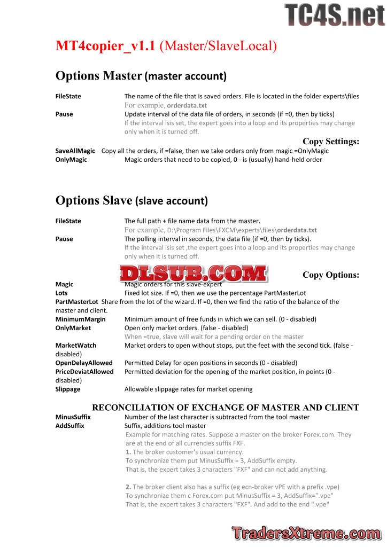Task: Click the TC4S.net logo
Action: pos(335,15)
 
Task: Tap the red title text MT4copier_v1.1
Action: pos(105,46)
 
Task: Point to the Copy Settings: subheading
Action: pos(330,142)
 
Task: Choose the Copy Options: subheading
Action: pos(330,275)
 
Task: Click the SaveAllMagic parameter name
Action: pos(75,151)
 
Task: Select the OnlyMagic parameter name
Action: pos(71,160)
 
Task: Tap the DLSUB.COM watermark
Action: pos(193,273)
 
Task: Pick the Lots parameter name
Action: pos(61,293)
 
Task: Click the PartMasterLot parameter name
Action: pos(77,302)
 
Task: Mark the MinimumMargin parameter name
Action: pos(80,319)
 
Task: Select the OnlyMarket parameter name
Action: pos(73,328)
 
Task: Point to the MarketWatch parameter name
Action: pos(76,346)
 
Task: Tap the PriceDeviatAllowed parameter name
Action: pos(84,372)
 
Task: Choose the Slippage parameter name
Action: pos(68,389)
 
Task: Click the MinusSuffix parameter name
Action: pos(73,417)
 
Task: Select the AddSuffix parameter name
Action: pos(69,426)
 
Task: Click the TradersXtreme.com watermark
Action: pos(307,533)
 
